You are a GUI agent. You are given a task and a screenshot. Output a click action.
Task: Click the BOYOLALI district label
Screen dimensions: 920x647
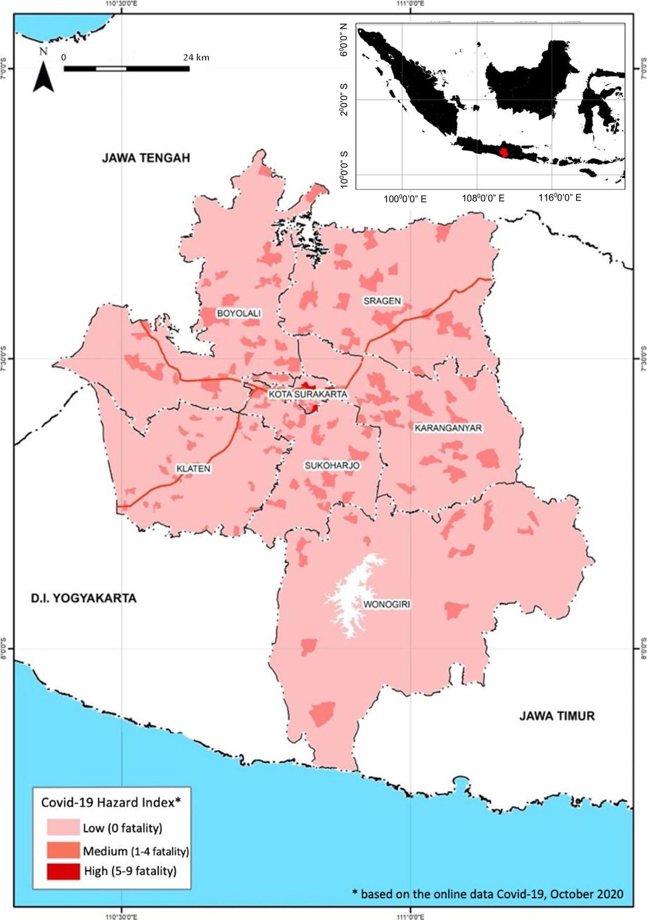pyautogui.click(x=239, y=313)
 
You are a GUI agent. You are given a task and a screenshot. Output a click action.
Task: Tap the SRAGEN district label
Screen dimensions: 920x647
pyautogui.click(x=382, y=301)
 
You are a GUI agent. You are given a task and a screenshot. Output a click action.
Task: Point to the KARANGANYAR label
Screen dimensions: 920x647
pyautogui.click(x=448, y=428)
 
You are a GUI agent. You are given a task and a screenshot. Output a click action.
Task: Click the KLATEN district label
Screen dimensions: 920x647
pyautogui.click(x=193, y=469)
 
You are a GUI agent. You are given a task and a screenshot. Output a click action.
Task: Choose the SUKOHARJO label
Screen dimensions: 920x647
pyautogui.click(x=332, y=466)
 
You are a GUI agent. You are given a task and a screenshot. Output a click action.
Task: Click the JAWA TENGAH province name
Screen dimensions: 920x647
pyautogui.click(x=146, y=158)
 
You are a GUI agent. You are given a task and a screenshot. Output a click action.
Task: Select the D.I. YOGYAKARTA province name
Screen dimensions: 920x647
pyautogui.click(x=83, y=599)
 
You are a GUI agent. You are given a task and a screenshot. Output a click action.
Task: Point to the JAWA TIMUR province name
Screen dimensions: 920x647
pyautogui.click(x=557, y=716)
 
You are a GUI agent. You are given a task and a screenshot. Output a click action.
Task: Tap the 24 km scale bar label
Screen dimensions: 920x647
pyautogui.click(x=196, y=57)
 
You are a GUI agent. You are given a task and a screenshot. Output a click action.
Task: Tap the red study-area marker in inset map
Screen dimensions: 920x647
pyautogui.click(x=503, y=152)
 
